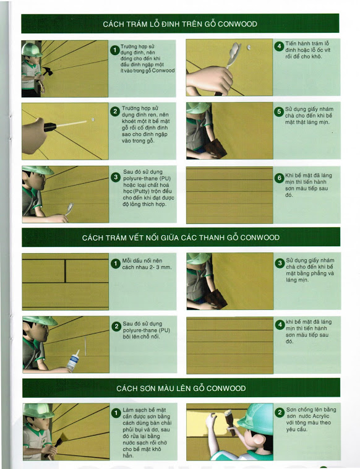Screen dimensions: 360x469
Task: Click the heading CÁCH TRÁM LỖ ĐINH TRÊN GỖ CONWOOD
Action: pos(180,24)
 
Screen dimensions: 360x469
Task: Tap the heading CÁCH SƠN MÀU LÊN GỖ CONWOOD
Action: pos(181,388)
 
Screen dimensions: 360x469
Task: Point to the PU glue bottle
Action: pos(72,361)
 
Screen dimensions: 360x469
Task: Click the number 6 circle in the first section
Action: pos(279,178)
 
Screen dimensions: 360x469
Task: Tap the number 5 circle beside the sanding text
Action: pos(279,112)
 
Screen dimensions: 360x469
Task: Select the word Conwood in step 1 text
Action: pos(163,71)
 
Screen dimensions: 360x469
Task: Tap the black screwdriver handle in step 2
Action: pos(50,127)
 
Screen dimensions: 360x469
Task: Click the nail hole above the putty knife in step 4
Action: pos(249,47)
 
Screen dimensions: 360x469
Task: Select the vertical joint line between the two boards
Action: pos(65,271)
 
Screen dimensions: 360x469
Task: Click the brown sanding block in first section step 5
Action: pos(216,148)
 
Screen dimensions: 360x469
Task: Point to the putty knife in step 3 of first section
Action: pos(69,209)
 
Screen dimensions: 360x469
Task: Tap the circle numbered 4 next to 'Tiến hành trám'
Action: pos(279,46)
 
